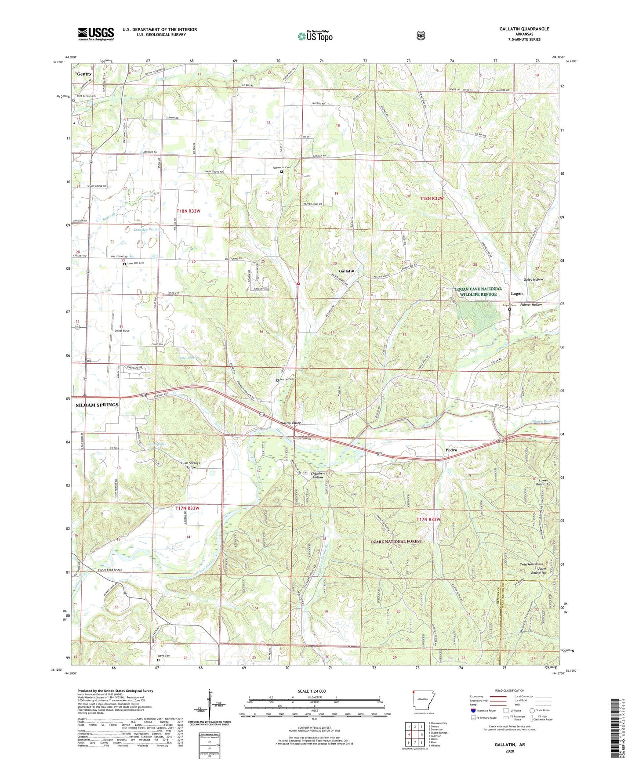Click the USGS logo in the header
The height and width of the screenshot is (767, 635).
click(x=96, y=34)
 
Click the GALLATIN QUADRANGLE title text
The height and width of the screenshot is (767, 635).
click(x=524, y=29)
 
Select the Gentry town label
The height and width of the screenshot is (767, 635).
click(x=84, y=74)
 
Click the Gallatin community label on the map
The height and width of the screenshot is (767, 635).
click(x=346, y=271)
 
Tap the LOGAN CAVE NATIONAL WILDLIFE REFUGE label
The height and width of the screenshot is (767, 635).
click(x=478, y=292)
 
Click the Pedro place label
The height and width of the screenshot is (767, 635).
click(x=451, y=450)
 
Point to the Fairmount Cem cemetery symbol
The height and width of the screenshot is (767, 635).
click(x=282, y=172)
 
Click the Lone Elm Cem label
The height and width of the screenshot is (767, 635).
click(x=136, y=263)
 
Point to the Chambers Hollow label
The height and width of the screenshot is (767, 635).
click(x=318, y=475)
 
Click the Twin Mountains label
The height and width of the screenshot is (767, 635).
click(x=531, y=564)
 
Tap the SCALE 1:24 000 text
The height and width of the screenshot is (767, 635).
click(x=312, y=691)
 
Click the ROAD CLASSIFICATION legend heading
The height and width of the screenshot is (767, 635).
click(x=510, y=691)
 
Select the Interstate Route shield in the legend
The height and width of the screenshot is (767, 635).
click(x=473, y=710)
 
